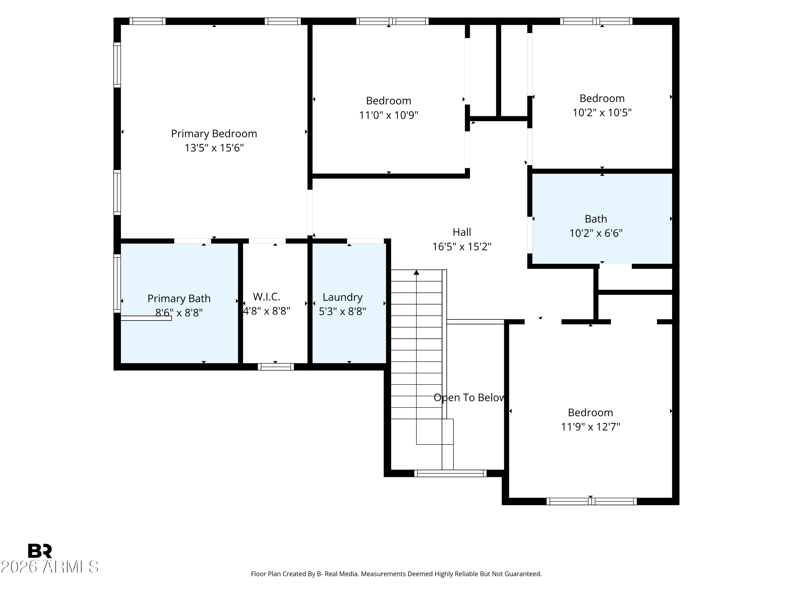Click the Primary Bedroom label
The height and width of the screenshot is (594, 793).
pos(214,134)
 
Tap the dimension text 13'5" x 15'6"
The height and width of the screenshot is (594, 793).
pos(214,148)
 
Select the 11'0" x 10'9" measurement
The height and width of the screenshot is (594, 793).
pos(389,115)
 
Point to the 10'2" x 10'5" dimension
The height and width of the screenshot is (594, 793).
pos(602,112)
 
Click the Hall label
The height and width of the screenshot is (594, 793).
pos(462,232)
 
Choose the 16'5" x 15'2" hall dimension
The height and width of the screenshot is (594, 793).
pos(462,247)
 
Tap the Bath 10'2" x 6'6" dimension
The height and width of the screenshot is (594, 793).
pos(596,233)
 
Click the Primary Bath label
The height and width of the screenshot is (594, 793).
pos(179,298)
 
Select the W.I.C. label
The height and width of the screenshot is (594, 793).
pos(266,296)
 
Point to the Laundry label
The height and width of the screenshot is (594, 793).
pos(342,297)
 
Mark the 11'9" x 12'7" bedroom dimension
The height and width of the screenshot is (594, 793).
pos(591,427)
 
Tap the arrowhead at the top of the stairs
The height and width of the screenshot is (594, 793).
pos(416,272)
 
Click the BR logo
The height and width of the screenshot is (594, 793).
pos(40,551)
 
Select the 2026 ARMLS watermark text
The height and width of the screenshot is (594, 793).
pos(49,567)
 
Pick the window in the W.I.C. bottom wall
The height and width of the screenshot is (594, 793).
pos(276,367)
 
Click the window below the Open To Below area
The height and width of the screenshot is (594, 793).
pos(450,473)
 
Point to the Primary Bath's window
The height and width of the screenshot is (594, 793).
pos(117,283)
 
